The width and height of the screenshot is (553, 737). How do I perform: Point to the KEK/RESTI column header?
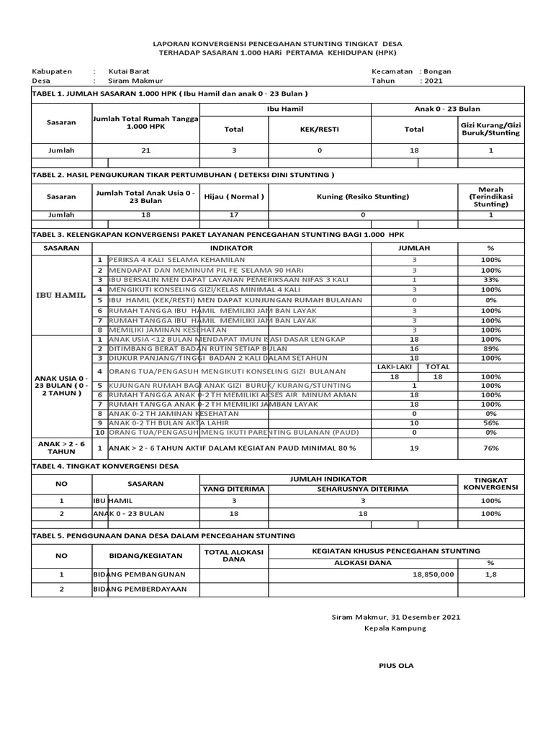pyautogui.click(x=319, y=130)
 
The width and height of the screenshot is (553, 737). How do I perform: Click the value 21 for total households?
pyautogui.click(x=146, y=150)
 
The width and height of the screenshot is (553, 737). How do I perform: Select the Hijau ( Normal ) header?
pyautogui.click(x=234, y=196)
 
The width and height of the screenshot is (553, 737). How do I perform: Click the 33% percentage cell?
pyautogui.click(x=492, y=279)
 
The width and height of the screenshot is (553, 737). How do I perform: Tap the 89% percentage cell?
pyautogui.click(x=492, y=348)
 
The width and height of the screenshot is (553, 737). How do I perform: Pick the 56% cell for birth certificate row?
pyautogui.click(x=492, y=423)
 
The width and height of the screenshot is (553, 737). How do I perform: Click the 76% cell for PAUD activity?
pyautogui.click(x=492, y=448)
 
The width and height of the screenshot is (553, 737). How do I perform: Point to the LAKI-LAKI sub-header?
pyautogui.click(x=393, y=367)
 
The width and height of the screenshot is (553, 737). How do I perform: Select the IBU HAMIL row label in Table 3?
pyautogui.click(x=60, y=295)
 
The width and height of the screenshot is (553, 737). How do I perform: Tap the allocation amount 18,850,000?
pyautogui.click(x=433, y=574)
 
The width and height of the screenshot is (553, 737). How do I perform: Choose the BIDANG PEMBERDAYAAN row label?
pyautogui.click(x=140, y=589)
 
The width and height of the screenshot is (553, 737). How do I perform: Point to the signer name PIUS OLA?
pyautogui.click(x=396, y=665)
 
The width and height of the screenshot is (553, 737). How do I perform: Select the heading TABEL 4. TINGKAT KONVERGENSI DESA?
pyautogui.click(x=105, y=466)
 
